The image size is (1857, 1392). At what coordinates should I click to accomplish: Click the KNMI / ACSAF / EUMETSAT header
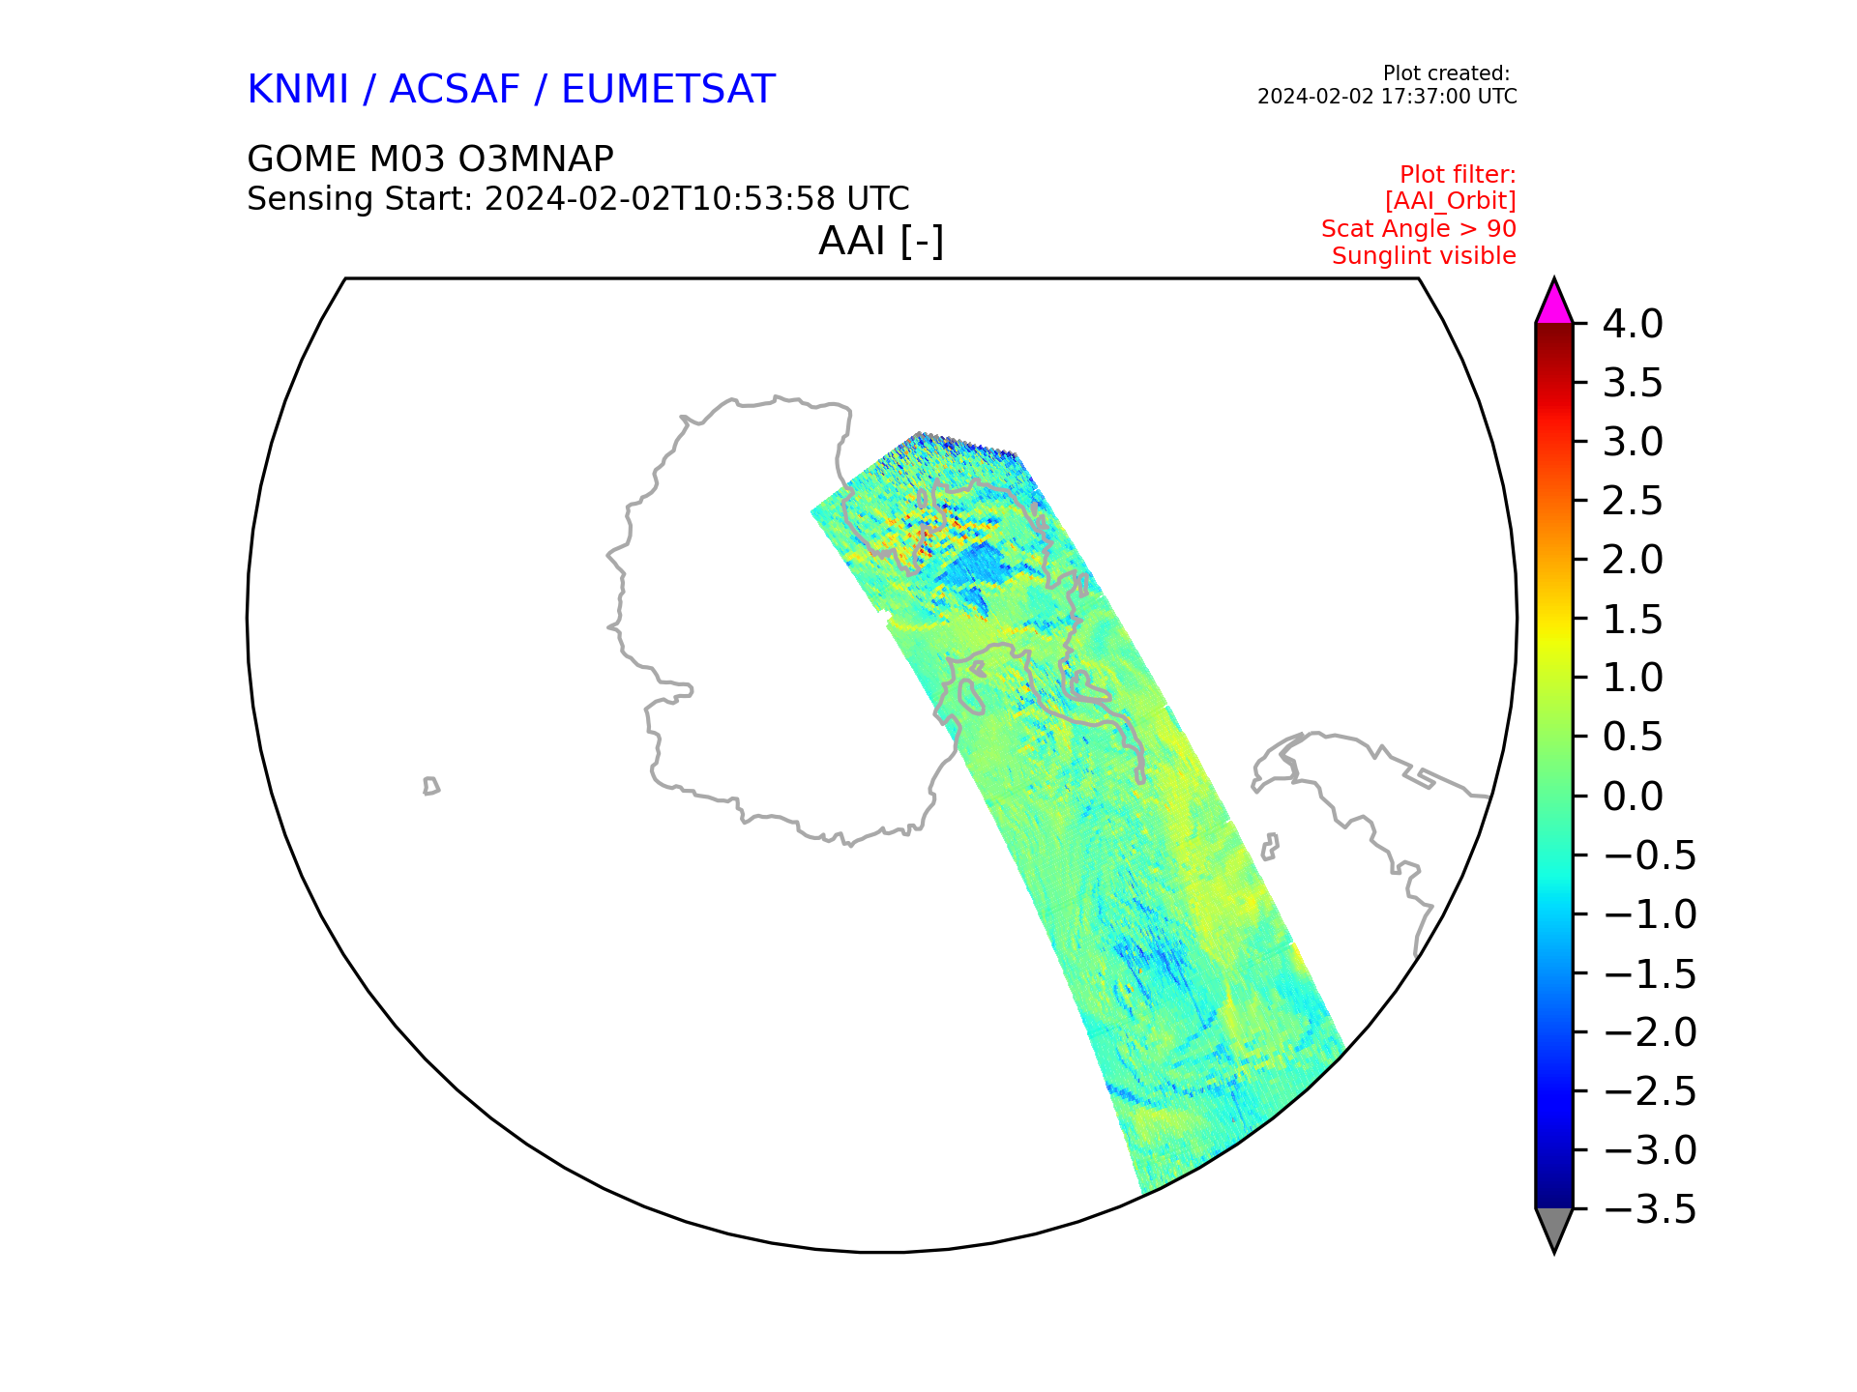[511, 90]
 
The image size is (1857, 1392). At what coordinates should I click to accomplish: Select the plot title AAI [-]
[880, 241]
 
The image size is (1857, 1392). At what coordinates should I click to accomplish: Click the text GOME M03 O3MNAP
[429, 159]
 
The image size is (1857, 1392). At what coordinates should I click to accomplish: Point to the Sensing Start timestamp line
[577, 199]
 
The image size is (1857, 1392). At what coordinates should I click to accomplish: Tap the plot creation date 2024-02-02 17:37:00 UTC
[1386, 97]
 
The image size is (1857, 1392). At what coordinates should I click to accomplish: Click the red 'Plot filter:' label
[1457, 175]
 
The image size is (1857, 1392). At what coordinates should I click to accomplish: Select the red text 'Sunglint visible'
[1423, 256]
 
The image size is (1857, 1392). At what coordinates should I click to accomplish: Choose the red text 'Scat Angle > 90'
[1418, 229]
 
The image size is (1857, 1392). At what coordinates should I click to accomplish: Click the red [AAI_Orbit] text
[1450, 201]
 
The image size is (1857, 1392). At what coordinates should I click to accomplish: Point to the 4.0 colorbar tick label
[1633, 325]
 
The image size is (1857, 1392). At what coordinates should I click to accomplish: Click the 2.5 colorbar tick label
[1633, 502]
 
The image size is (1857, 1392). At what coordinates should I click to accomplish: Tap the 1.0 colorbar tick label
[1633, 679]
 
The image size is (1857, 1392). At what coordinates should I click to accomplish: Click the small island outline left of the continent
[430, 786]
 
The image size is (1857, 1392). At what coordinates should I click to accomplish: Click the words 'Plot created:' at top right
[1445, 73]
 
